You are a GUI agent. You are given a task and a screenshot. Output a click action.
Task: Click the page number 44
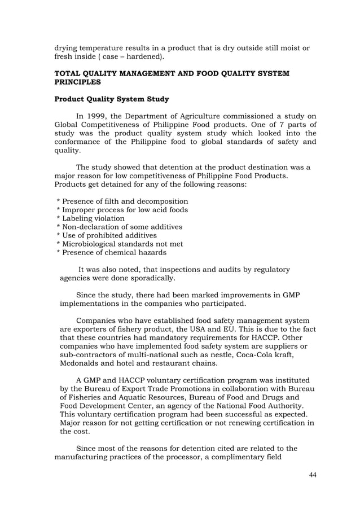(312, 474)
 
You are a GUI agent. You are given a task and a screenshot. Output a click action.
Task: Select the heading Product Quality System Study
(111, 99)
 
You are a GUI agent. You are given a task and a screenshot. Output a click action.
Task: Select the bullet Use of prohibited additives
(107, 235)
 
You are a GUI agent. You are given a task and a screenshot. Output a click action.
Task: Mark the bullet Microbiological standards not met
(120, 244)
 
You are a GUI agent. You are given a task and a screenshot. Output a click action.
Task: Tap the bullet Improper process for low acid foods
(122, 210)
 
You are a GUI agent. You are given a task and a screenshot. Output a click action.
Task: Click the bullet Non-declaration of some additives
(120, 227)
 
